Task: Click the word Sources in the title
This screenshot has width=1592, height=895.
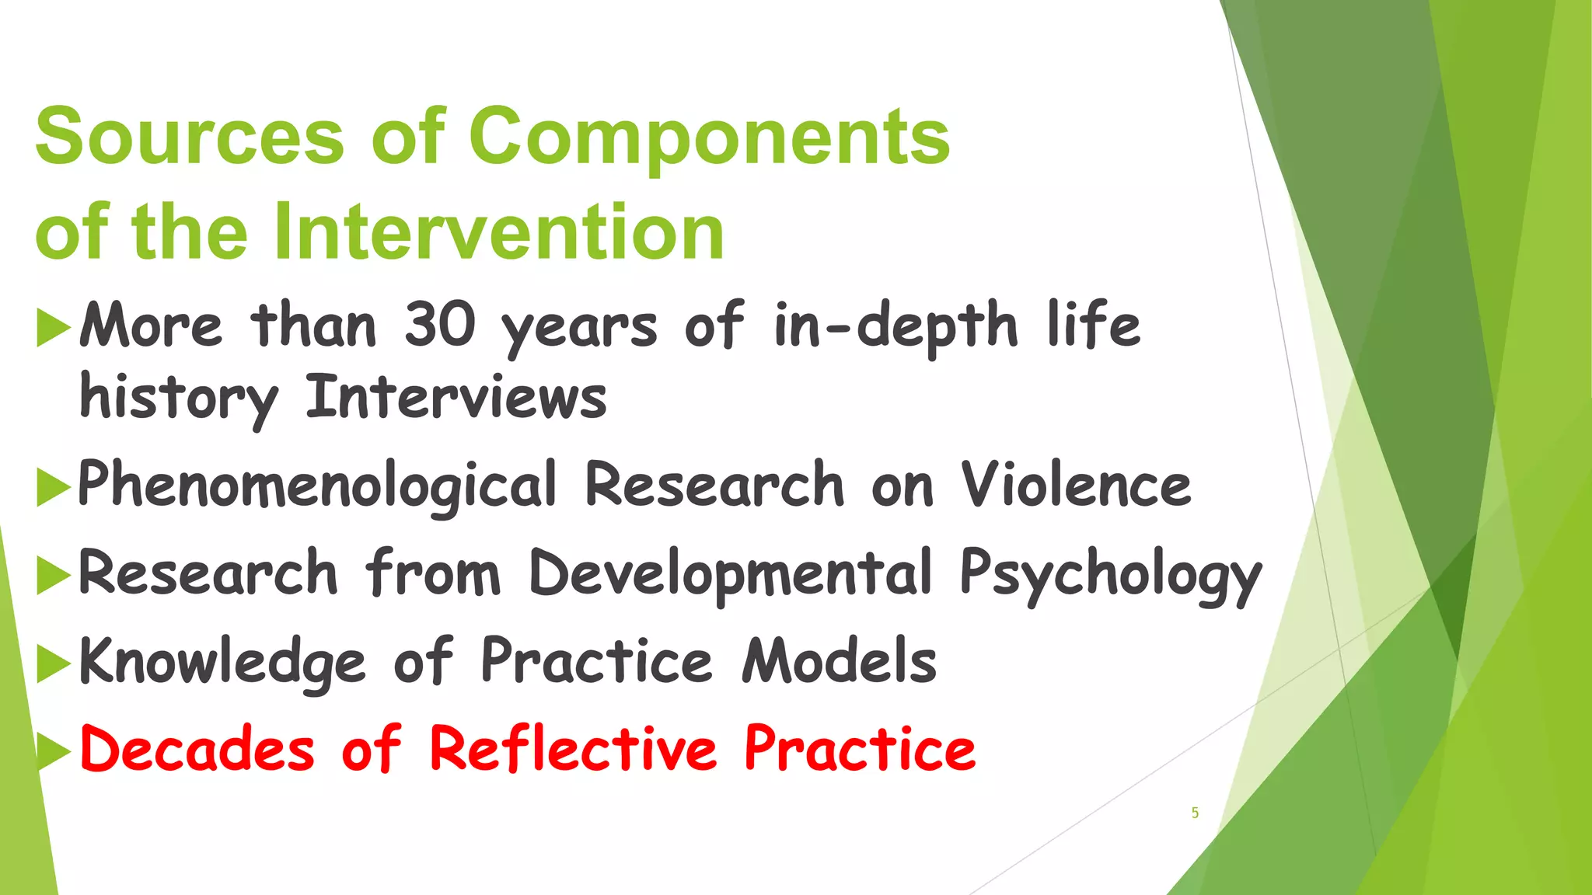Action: coord(190,137)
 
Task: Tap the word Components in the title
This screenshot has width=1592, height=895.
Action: coord(709,137)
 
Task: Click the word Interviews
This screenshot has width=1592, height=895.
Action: coord(456,398)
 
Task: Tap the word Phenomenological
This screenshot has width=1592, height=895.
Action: coord(317,486)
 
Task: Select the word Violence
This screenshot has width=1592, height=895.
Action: coord(1076,485)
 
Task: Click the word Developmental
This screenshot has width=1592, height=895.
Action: coord(731,573)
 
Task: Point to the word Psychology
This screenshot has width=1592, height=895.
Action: coord(1111,575)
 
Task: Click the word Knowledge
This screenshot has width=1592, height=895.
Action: coord(222,662)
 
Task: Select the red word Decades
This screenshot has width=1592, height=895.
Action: coord(197,749)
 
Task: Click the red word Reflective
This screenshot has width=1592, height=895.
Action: coord(573,749)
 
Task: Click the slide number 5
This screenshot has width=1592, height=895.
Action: coord(1195,813)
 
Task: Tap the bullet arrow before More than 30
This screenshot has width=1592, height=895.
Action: coord(53,327)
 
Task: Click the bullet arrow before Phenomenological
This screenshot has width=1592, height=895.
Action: coord(53,488)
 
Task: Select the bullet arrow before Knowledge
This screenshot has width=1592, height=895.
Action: coord(53,663)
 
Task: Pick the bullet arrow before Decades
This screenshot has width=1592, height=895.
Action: coord(53,751)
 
